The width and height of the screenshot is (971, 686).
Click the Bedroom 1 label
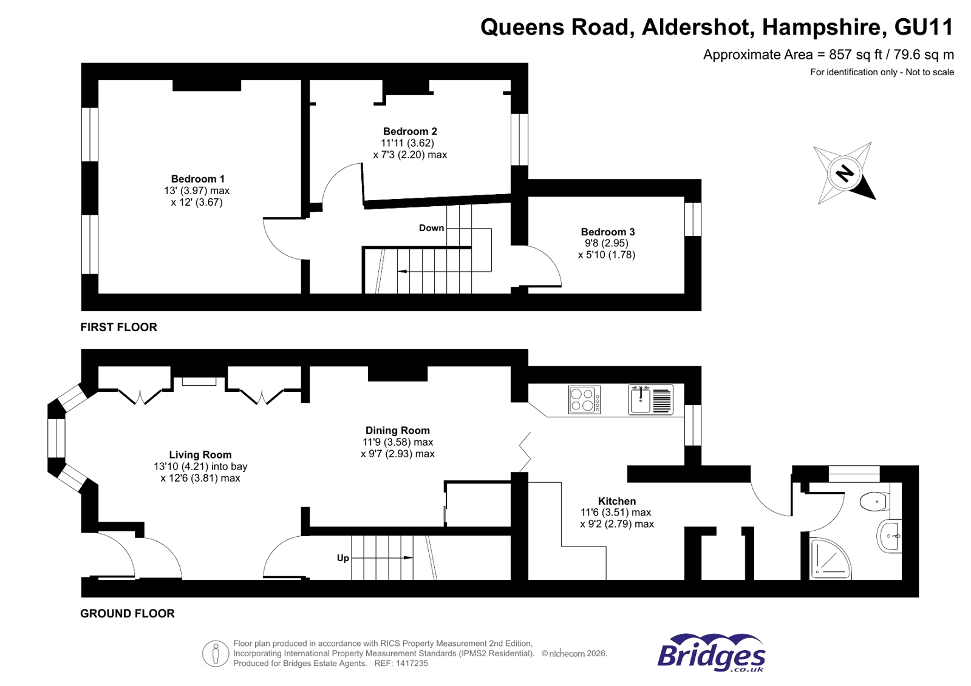(x=197, y=179)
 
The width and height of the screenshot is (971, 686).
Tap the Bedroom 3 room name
(x=607, y=232)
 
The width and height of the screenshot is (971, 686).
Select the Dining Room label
(x=397, y=430)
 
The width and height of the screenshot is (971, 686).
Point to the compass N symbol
(x=844, y=173)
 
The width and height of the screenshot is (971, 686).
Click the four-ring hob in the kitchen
(x=584, y=400)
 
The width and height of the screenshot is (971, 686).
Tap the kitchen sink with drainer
(x=650, y=400)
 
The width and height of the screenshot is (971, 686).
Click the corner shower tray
(x=830, y=559)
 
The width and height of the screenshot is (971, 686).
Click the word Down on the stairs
(x=431, y=228)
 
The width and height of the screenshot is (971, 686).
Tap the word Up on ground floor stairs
(x=343, y=558)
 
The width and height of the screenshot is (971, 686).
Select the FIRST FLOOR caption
(x=118, y=327)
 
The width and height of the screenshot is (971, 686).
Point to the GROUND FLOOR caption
(x=128, y=613)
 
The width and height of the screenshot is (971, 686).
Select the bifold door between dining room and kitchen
(x=525, y=452)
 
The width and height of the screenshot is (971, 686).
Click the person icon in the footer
(x=215, y=654)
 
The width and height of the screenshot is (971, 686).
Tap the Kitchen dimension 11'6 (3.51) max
(x=616, y=513)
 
